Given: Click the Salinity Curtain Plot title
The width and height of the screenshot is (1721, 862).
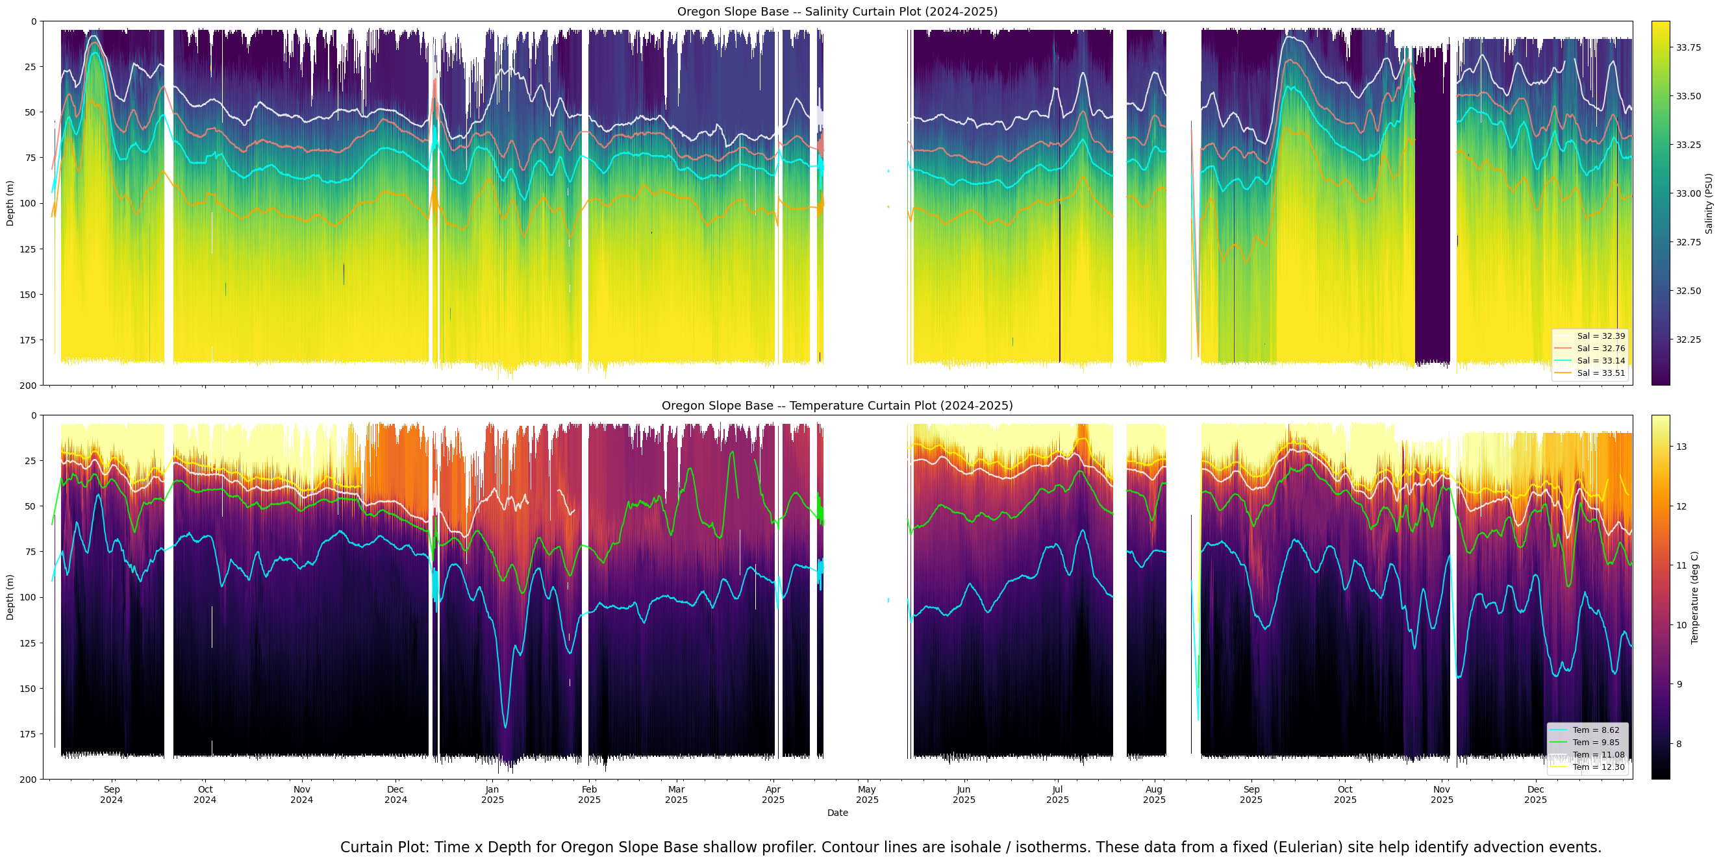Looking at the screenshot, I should pyautogui.click(x=836, y=11).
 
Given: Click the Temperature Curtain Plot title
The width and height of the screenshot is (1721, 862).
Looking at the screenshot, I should pyautogui.click(x=836, y=405).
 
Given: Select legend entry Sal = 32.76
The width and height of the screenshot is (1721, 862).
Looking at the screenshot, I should pyautogui.click(x=1601, y=349).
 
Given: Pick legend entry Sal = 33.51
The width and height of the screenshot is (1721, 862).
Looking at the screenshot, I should pyautogui.click(x=1601, y=373).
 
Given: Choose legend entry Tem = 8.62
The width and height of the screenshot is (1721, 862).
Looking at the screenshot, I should pyautogui.click(x=1598, y=730).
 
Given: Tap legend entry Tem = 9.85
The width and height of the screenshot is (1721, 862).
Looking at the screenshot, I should pyautogui.click(x=1598, y=743).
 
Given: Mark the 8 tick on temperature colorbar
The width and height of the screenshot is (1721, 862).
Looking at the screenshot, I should pyautogui.click(x=1679, y=744).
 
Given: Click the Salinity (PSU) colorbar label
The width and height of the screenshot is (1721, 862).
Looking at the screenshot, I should pyautogui.click(x=1709, y=204).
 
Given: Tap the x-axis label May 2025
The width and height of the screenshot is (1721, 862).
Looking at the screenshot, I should pyautogui.click(x=867, y=794).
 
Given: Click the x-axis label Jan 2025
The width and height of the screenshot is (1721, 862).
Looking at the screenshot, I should pyautogui.click(x=492, y=794).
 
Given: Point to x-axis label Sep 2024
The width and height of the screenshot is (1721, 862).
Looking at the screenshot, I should pyautogui.click(x=112, y=794).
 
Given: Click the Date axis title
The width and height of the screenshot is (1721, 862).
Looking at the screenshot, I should pyautogui.click(x=837, y=813).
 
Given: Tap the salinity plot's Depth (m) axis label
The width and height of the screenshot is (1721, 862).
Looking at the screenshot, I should pyautogui.click(x=10, y=204).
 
